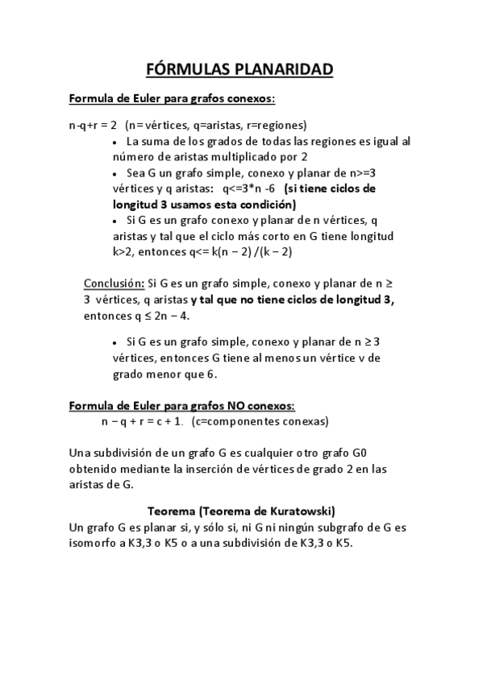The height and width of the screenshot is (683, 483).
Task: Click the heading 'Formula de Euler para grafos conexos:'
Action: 172,99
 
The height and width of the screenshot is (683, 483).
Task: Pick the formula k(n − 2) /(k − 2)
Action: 254,251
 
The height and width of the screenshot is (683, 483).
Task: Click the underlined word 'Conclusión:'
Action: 114,284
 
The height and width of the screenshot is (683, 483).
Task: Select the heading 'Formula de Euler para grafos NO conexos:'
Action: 182,405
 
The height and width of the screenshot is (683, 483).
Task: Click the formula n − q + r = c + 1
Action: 142,420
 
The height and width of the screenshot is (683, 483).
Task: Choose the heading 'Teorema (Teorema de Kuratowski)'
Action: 242,511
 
